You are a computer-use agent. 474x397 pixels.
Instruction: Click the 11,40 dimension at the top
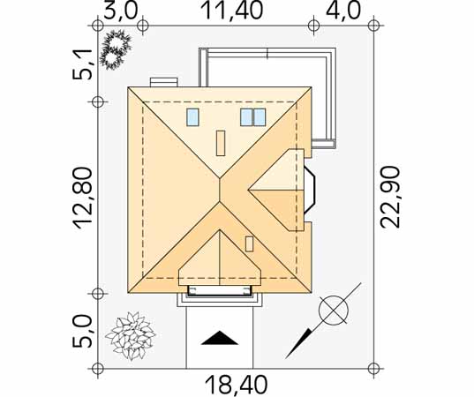point(231,11)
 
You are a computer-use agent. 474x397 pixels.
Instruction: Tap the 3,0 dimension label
point(121,11)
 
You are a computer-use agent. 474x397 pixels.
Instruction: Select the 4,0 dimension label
point(343,11)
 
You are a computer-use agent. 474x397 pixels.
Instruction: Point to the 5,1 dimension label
point(82,64)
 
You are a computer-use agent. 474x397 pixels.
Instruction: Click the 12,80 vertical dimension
point(82,198)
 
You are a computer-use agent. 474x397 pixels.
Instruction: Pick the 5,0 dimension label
point(82,331)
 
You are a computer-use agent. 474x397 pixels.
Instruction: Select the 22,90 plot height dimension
point(390,197)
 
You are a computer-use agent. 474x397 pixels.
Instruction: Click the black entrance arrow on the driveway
point(220,339)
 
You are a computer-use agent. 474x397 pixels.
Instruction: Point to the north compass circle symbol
point(334,310)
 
